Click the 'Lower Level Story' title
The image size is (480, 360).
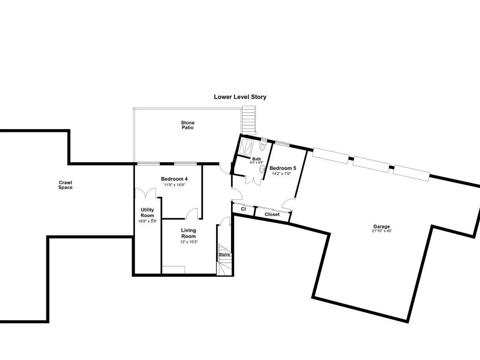[x=240, y=97]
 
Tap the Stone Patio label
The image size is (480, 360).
[x=187, y=125]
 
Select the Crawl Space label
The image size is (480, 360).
[x=65, y=185]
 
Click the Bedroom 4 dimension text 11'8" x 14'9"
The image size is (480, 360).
[x=174, y=185]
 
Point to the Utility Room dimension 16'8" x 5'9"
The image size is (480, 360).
[x=148, y=221]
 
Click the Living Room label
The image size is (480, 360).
[x=189, y=233]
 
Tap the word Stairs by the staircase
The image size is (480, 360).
[x=224, y=255]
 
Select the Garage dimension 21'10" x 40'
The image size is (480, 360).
[x=382, y=231]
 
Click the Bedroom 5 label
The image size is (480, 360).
[x=283, y=168]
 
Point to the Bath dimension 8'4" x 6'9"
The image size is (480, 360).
[x=256, y=162]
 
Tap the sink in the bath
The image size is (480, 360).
[x=262, y=169]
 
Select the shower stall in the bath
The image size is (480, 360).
[x=246, y=147]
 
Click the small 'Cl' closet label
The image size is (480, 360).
[x=243, y=209]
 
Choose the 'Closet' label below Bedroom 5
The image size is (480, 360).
[x=272, y=214]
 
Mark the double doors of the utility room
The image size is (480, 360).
[x=145, y=193]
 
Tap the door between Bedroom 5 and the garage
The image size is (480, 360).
[x=288, y=203]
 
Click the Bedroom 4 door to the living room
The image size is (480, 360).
[x=192, y=213]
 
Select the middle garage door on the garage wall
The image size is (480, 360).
[x=371, y=164]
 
